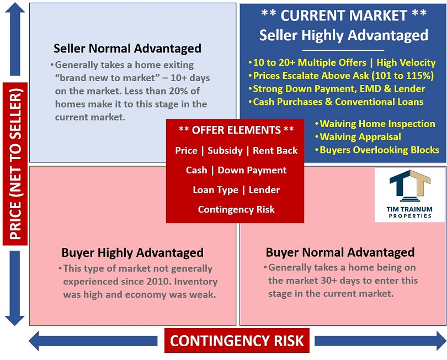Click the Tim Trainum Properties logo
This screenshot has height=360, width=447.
[409, 195]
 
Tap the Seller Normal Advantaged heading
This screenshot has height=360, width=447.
[127, 49]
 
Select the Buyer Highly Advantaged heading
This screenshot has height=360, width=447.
[132, 253]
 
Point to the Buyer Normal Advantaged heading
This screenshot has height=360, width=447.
[340, 252]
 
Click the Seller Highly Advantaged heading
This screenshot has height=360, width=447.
[343, 35]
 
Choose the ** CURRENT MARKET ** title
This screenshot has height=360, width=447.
[344, 15]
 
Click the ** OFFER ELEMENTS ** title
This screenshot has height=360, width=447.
[236, 130]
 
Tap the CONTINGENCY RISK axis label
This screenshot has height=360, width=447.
[237, 341]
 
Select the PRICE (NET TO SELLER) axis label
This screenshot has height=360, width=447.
[15, 164]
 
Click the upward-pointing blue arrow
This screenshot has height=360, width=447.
[15, 39]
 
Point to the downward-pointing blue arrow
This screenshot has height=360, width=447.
[15, 288]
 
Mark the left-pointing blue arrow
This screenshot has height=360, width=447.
[93, 341]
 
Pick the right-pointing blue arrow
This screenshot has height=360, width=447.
[381, 341]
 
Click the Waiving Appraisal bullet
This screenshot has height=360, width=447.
[358, 137]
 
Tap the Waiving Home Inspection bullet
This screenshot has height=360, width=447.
[375, 124]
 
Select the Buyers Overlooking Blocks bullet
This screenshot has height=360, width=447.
[377, 150]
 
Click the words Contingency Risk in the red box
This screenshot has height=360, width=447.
[236, 210]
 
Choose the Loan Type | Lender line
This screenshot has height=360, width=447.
[236, 190]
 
